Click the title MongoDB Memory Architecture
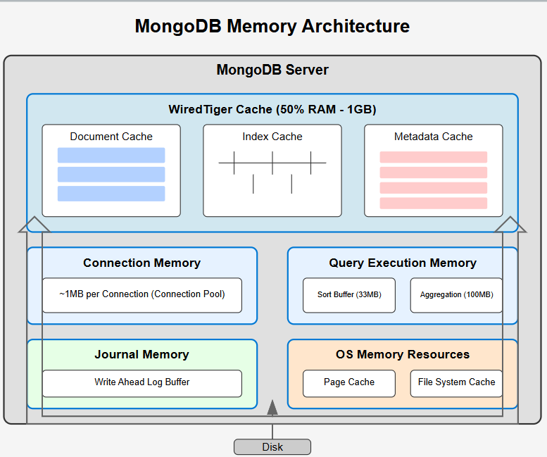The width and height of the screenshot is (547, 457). click(x=272, y=27)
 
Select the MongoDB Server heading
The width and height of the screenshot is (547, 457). click(x=272, y=70)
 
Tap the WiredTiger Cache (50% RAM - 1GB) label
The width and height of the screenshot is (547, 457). click(x=272, y=109)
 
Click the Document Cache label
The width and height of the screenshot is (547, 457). click(x=111, y=137)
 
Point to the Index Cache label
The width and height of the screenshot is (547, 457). click(x=272, y=137)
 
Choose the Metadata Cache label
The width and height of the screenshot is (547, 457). click(x=433, y=137)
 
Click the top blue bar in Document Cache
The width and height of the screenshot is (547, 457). click(x=111, y=155)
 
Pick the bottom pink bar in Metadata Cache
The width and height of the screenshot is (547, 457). click(x=433, y=203)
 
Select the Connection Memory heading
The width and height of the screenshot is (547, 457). click(x=142, y=263)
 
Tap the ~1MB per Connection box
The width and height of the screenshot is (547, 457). click(x=142, y=294)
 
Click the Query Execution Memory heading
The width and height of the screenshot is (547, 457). click(x=403, y=263)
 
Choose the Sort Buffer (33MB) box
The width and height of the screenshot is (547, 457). click(x=349, y=295)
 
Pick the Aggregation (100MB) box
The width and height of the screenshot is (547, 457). click(x=456, y=295)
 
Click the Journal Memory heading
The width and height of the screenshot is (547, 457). click(x=142, y=354)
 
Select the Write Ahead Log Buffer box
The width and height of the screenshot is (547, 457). click(x=142, y=382)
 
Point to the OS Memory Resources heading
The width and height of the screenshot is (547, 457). click(x=403, y=354)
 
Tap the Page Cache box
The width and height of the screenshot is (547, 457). click(x=349, y=382)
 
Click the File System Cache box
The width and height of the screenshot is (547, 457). click(x=456, y=382)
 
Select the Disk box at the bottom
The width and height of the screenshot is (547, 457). click(x=272, y=447)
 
